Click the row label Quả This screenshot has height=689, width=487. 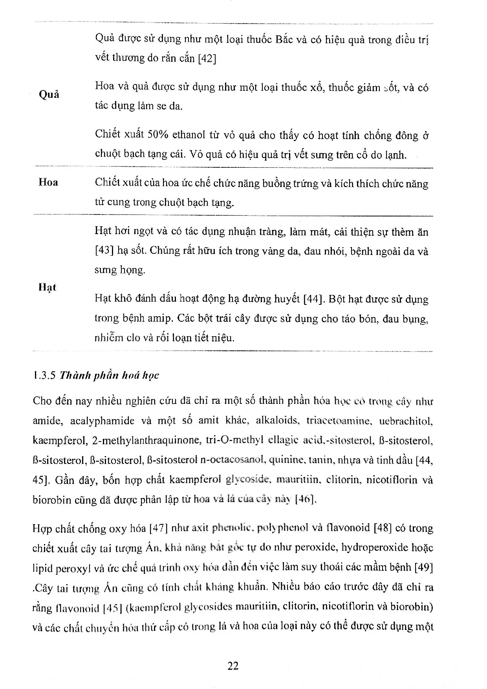click(49, 95)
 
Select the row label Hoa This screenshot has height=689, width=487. click(48, 182)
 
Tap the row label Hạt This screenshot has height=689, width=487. click(48, 288)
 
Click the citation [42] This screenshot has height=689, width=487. click(207, 59)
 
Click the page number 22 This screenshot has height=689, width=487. click(233, 666)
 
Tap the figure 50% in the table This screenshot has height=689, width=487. click(157, 135)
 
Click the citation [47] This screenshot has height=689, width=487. click(159, 528)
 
